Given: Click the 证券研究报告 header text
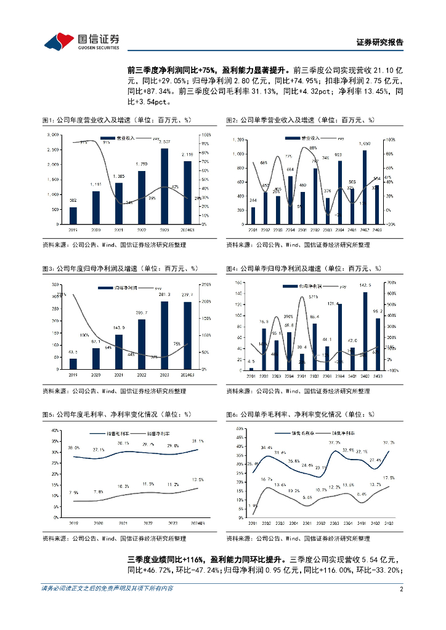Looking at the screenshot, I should (380, 42).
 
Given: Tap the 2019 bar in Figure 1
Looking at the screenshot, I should (73, 217).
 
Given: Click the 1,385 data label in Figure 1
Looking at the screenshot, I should (119, 177).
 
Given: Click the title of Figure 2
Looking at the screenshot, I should (301, 121).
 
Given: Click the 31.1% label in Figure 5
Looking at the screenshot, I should (198, 441).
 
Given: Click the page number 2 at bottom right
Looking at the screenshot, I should (401, 588).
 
